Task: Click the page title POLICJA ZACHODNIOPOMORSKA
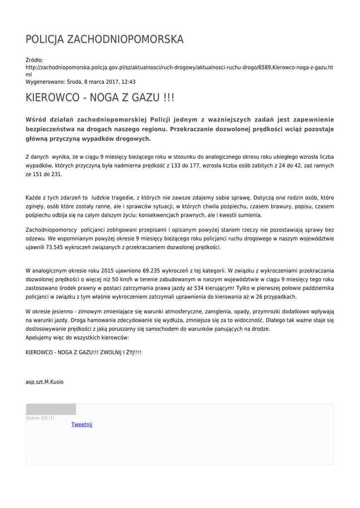coord(104,39)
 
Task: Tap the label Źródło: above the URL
coord(34,60)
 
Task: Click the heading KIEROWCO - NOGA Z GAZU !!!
coord(100,98)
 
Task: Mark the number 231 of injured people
coord(56,175)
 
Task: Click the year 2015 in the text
coord(108,271)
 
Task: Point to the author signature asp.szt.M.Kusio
coord(45,382)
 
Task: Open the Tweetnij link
coord(82,425)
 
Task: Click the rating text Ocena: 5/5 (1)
coord(40,418)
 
